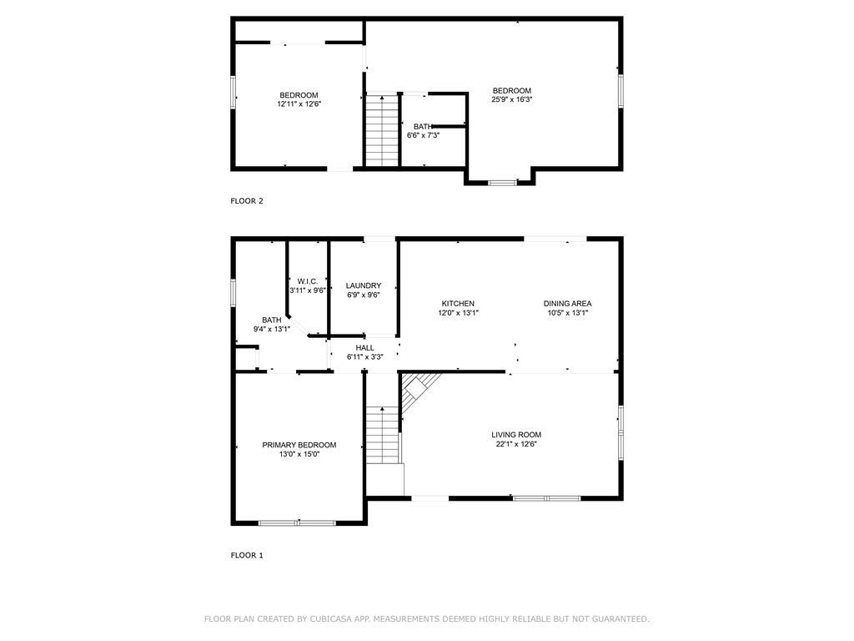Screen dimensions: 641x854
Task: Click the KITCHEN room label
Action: tap(458, 304)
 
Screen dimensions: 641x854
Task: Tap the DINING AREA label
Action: tap(567, 304)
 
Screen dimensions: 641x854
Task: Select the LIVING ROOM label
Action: tap(516, 435)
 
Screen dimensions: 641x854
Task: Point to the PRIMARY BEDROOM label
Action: tap(299, 445)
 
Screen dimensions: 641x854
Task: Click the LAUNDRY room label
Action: tap(363, 285)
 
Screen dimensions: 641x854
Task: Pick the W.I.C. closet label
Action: tap(307, 280)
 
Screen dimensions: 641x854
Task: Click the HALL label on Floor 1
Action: tap(364, 348)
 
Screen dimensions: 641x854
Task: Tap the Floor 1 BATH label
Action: tap(272, 320)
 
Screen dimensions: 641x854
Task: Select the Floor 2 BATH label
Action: tap(423, 127)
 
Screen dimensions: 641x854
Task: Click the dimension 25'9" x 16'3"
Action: tap(511, 99)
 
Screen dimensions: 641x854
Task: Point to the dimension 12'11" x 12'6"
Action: tap(299, 104)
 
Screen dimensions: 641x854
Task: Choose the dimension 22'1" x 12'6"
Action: tap(516, 444)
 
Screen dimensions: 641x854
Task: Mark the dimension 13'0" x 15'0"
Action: tap(299, 454)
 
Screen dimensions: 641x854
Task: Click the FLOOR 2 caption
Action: tap(247, 200)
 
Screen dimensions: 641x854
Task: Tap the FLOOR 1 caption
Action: tap(247, 555)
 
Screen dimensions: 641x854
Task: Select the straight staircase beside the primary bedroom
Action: tap(384, 434)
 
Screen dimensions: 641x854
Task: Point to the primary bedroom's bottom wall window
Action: tap(297, 522)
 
